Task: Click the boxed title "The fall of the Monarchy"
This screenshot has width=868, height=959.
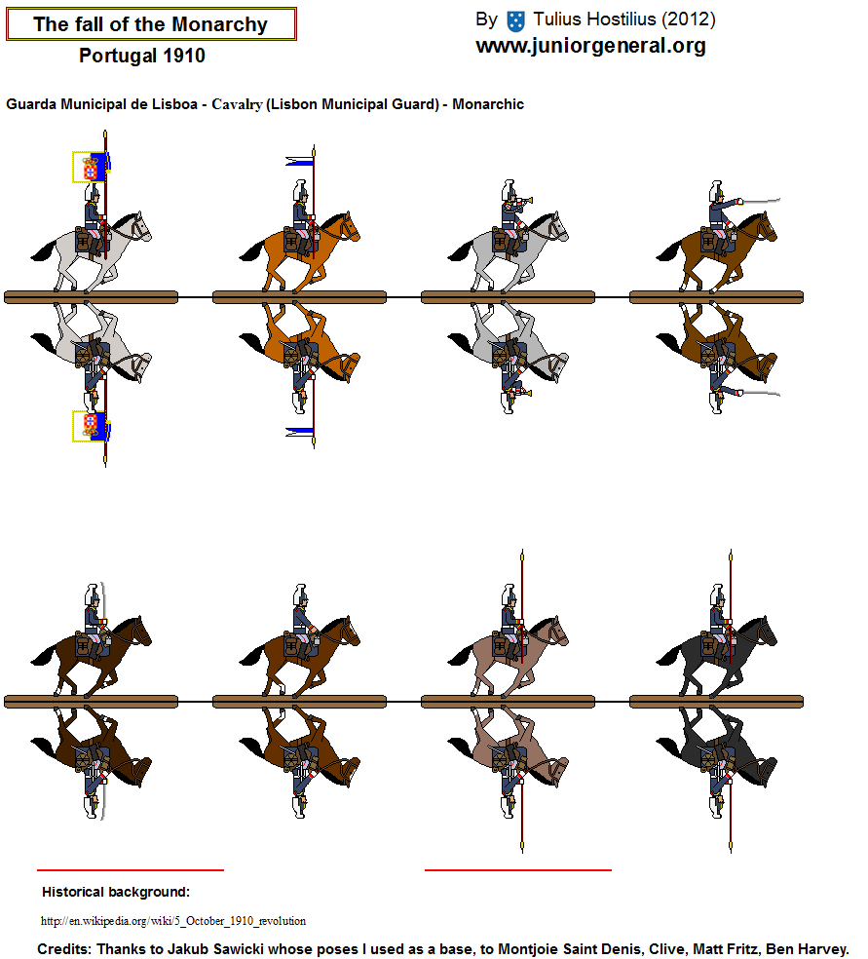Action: point(150,24)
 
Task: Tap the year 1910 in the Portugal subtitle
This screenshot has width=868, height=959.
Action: point(184,56)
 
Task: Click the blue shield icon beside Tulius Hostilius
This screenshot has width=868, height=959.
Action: point(516,21)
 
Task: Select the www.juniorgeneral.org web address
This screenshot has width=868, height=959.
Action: point(590,46)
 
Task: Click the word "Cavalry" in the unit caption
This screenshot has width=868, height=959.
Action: point(237,104)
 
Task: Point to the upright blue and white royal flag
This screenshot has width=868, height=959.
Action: point(91,167)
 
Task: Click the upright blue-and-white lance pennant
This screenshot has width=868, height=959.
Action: point(299,162)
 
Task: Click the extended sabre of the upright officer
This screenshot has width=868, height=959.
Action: point(760,200)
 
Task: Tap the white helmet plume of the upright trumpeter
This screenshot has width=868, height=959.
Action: point(508,190)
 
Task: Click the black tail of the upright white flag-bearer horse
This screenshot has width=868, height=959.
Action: point(44,250)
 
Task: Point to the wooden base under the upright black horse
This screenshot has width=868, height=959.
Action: point(716,702)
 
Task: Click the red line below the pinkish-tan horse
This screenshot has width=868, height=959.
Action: point(517,869)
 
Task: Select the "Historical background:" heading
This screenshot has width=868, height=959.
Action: point(116,893)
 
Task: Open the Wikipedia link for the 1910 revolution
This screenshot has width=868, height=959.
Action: point(173,921)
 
